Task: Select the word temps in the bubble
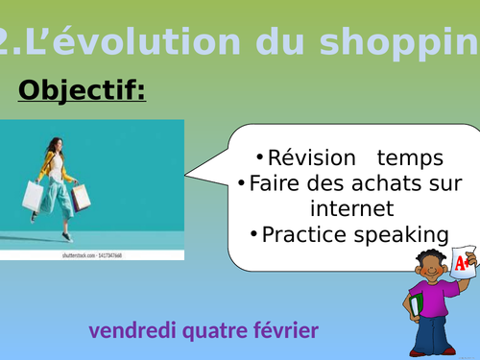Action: click(410, 157)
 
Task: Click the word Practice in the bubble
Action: click(301, 233)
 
